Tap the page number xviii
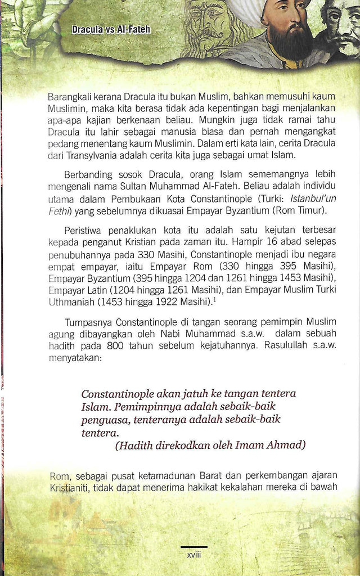click(194, 555)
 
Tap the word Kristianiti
click(69, 488)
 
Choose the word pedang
click(62, 143)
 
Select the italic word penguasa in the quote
click(103, 419)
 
